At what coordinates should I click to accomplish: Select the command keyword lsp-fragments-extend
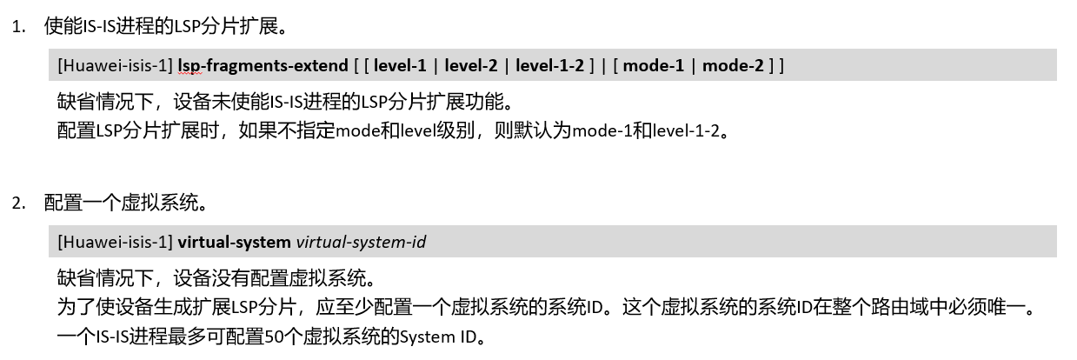263,65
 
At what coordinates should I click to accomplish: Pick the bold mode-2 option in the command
733,65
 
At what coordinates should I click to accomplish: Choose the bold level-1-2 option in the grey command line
549,65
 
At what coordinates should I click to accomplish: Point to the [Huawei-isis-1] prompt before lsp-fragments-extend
116,65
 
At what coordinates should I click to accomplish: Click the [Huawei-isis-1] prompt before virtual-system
116,242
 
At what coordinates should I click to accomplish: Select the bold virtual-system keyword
235,242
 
